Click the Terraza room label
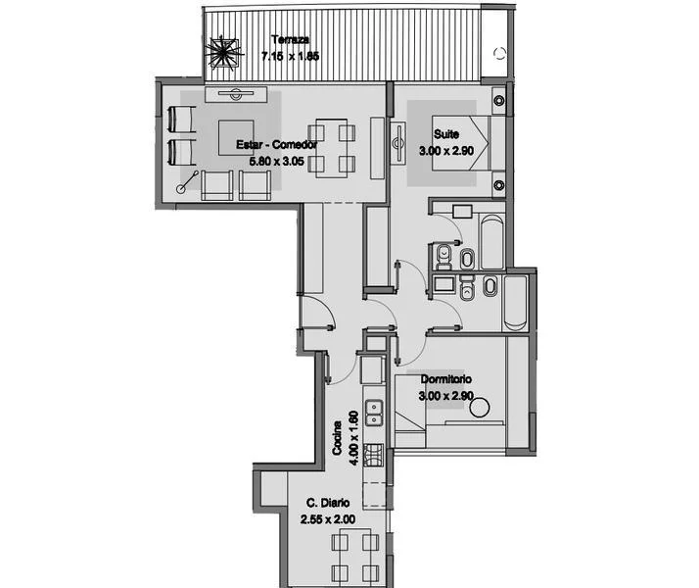(290, 40)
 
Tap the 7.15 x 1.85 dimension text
(290, 57)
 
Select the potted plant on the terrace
(224, 54)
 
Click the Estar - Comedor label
(276, 144)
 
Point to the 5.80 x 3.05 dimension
(276, 161)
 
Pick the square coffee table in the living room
(236, 137)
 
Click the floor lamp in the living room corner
(187, 182)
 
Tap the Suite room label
(446, 134)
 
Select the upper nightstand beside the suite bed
(499, 100)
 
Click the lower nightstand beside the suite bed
(499, 184)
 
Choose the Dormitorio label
(446, 379)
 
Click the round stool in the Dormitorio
(480, 407)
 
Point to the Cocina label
(338, 438)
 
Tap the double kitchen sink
(374, 414)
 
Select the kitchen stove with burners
(374, 456)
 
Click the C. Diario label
(328, 503)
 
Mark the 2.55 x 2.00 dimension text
(328, 519)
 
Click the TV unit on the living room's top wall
(236, 94)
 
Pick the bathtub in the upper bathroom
(492, 242)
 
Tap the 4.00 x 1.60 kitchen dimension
(354, 438)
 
